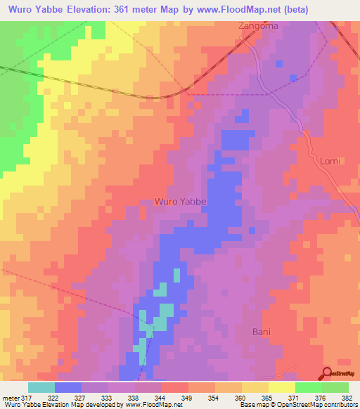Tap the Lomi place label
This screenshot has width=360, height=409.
tap(330, 161)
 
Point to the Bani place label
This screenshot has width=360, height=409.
tap(262, 331)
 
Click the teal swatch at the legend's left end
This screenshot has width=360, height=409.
tap(41, 387)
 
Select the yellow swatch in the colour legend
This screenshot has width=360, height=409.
tap(282, 387)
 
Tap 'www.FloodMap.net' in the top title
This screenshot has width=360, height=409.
tap(226, 9)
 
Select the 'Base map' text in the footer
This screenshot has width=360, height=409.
tap(253, 405)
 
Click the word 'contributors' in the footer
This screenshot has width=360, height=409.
tap(338, 405)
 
